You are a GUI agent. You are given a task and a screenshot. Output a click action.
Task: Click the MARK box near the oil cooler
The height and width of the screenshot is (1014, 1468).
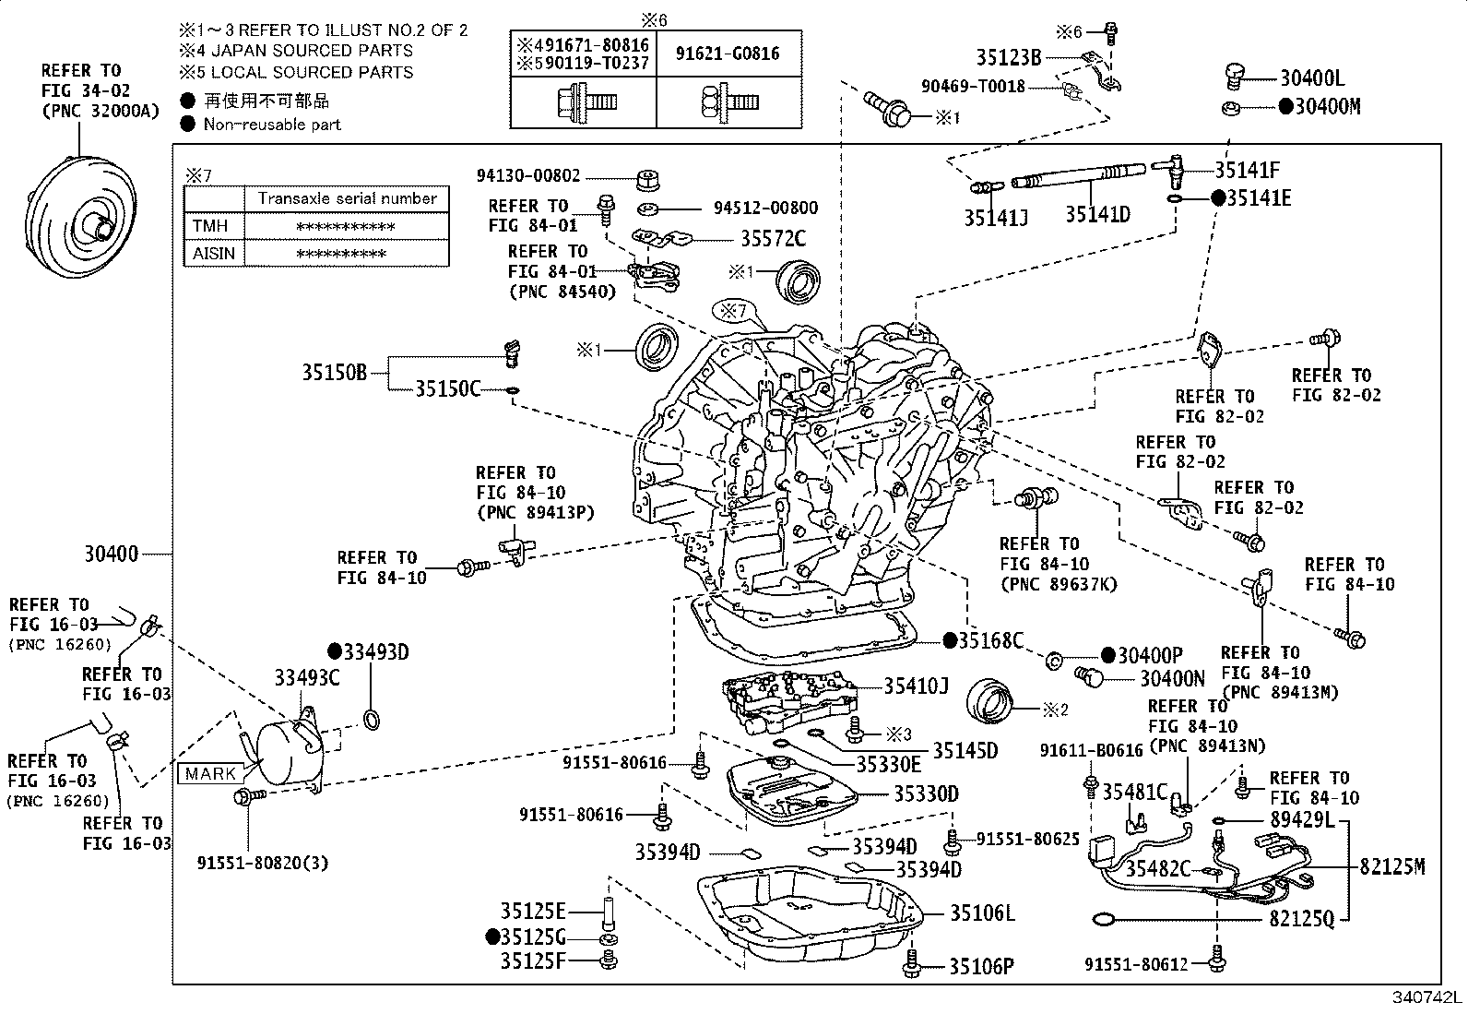click(x=210, y=773)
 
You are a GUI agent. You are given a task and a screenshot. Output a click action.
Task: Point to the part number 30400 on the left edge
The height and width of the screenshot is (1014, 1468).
click(x=111, y=554)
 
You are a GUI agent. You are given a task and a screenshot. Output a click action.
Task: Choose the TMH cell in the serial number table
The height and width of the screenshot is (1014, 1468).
click(x=211, y=226)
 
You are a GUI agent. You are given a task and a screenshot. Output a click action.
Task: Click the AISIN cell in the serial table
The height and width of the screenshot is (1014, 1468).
click(x=214, y=253)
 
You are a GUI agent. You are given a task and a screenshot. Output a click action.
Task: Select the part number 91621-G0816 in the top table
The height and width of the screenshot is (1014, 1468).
click(x=728, y=54)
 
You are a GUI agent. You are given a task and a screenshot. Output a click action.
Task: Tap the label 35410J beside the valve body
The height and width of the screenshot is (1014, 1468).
click(x=916, y=686)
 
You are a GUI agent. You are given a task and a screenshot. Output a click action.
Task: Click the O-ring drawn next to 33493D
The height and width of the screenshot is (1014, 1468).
click(x=372, y=719)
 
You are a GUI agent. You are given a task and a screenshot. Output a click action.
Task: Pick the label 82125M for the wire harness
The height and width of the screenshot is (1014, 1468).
click(x=1392, y=866)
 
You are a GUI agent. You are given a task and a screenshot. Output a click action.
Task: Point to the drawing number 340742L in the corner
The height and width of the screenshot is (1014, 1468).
click(x=1427, y=999)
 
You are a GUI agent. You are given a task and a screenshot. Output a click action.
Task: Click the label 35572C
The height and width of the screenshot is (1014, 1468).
click(x=773, y=240)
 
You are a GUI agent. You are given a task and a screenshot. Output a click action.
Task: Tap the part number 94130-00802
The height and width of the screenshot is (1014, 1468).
click(x=528, y=175)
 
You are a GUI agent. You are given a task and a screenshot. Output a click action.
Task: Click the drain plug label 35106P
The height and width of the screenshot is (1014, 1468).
click(x=982, y=967)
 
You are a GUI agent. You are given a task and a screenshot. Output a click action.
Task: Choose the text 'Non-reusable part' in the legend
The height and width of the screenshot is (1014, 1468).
click(x=272, y=125)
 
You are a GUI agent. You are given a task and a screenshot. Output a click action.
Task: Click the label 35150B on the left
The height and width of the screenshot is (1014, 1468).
click(x=334, y=373)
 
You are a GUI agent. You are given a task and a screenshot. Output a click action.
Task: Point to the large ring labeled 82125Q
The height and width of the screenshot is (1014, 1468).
click(x=1102, y=919)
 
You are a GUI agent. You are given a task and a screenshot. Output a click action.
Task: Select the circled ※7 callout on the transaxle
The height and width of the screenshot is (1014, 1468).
click(x=733, y=311)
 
